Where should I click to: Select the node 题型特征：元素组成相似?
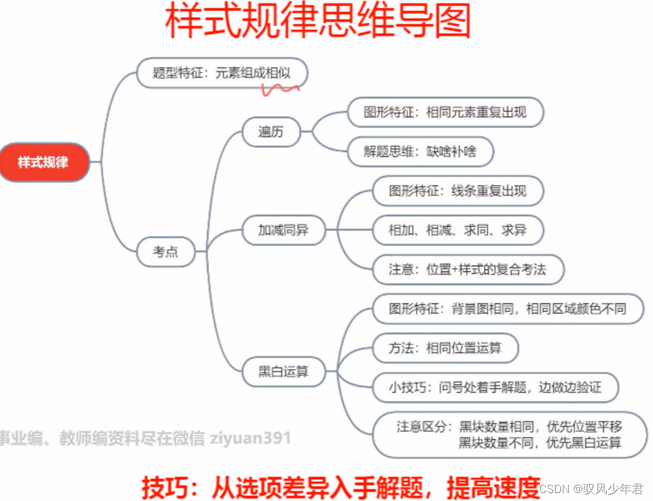[222, 73]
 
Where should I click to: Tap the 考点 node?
[166, 251]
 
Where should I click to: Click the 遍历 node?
[271, 131]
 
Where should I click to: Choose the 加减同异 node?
[283, 230]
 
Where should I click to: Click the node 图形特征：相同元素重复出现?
[445, 112]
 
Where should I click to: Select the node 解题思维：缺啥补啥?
[420, 152]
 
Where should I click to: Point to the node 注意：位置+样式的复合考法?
[467, 269]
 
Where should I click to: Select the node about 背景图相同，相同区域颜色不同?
[507, 308]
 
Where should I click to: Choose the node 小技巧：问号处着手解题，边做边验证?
[495, 387]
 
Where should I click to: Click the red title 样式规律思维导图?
[318, 23]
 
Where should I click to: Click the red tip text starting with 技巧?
[341, 486]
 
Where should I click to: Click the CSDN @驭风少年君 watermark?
[591, 489]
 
